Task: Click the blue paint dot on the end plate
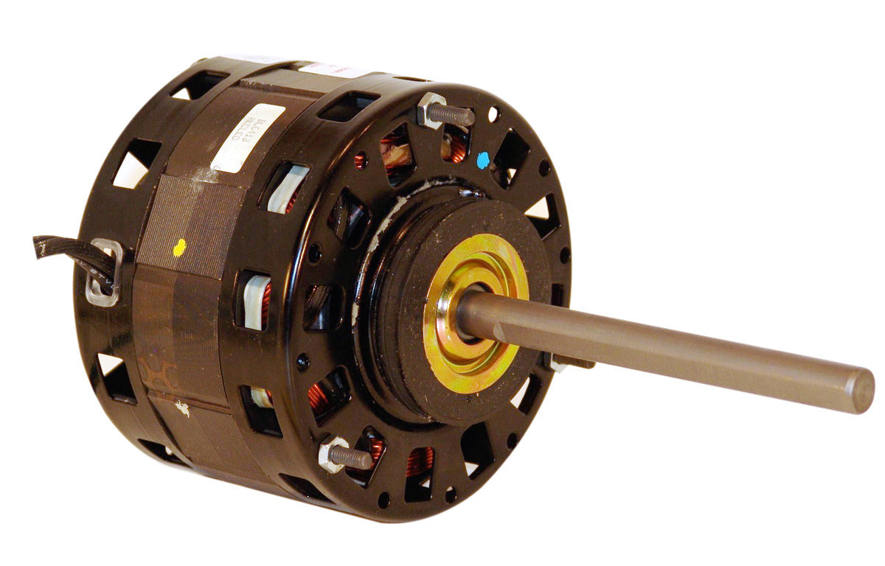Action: point(483,159)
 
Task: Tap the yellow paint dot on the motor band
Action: point(178,249)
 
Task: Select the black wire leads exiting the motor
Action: point(70,252)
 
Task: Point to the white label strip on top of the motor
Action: point(332,70)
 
